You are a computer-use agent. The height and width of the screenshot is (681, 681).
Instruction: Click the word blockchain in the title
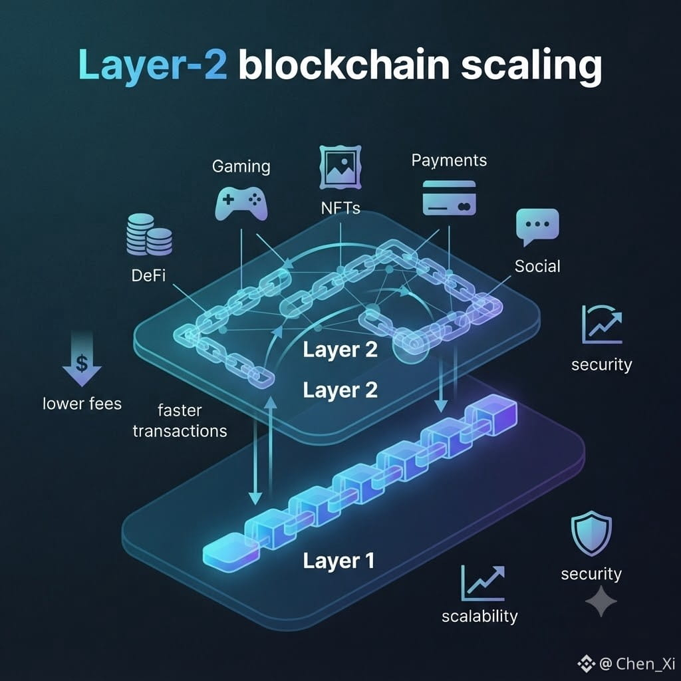344,65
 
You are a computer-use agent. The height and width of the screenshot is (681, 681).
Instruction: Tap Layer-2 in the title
153,65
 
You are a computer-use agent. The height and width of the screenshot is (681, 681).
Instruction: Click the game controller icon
241,204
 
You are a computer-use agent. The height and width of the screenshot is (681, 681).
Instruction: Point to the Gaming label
241,167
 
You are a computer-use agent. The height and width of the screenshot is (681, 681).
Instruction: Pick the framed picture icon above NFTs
340,167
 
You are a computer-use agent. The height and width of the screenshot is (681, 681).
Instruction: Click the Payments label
449,161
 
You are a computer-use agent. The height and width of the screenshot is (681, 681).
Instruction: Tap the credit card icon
449,198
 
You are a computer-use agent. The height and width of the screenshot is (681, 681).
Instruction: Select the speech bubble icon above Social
537,227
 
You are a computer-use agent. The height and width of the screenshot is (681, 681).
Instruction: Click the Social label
537,266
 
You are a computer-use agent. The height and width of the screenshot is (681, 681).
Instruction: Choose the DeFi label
148,275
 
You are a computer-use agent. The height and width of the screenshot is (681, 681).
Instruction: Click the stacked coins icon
149,234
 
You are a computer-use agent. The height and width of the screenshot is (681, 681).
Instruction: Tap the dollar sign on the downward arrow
82,363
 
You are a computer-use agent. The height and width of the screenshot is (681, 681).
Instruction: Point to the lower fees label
82,404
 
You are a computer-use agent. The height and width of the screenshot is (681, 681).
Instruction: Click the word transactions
180,431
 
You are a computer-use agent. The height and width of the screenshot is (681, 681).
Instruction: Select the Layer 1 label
339,561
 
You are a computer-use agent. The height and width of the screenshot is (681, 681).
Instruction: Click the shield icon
591,533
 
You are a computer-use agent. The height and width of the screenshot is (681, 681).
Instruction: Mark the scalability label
479,616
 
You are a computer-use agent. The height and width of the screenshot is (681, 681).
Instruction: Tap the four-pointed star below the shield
601,601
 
